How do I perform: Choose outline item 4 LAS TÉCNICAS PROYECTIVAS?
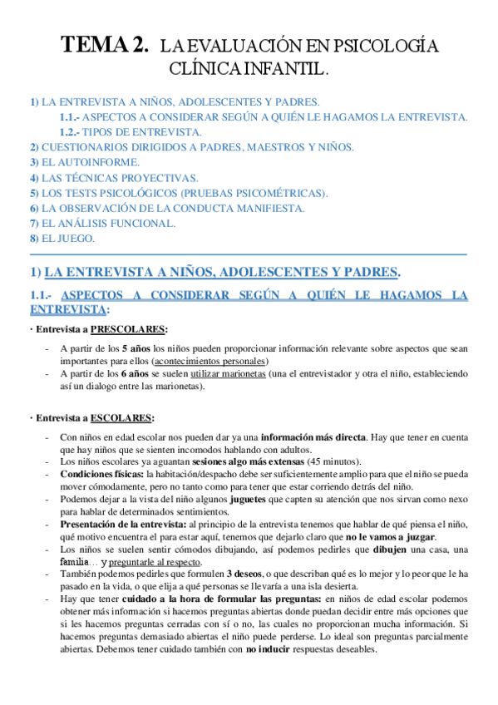tap(102, 177)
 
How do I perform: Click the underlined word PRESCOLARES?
tap(129, 328)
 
